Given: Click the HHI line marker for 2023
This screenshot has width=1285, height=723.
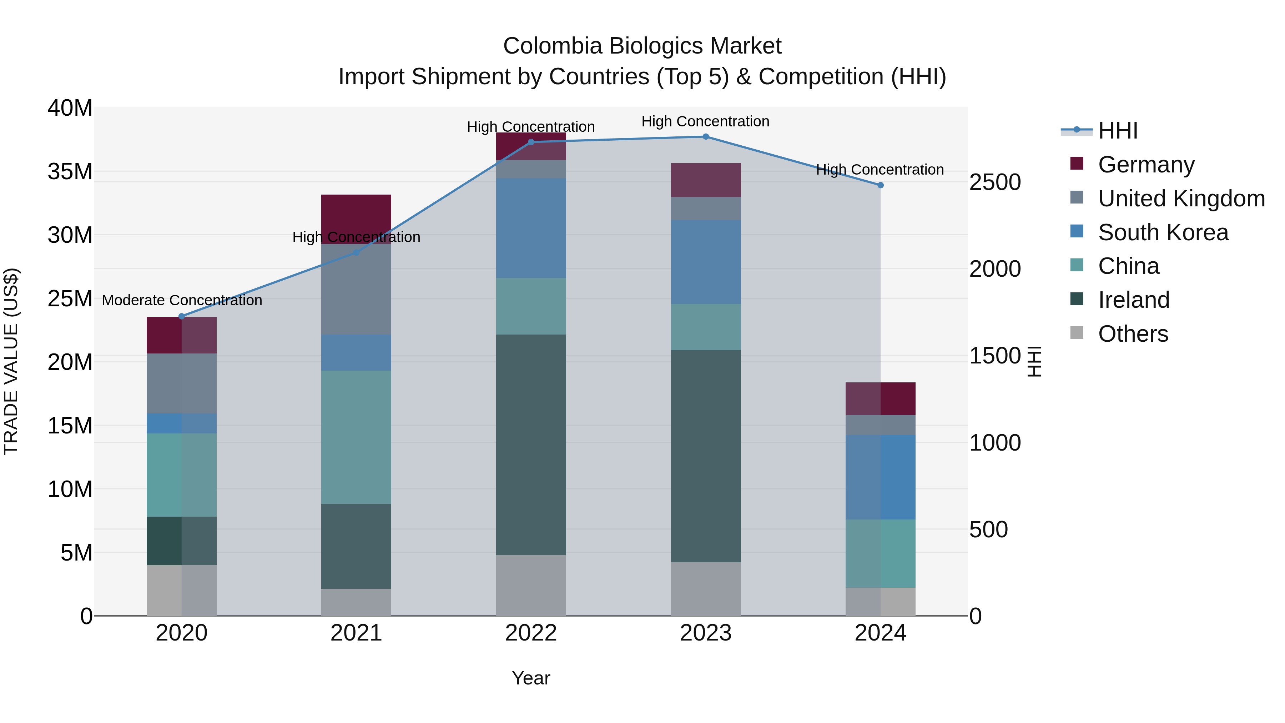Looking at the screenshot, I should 705,137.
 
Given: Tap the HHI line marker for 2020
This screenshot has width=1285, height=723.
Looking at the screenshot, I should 182,316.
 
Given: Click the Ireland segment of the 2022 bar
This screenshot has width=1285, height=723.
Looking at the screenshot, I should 531,444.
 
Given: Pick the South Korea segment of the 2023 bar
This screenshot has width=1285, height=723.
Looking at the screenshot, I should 705,262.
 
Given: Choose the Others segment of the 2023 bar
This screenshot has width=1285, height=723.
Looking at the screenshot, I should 705,589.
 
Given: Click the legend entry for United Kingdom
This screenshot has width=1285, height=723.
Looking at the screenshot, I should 1181,199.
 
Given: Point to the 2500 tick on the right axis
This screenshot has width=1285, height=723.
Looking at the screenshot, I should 995,182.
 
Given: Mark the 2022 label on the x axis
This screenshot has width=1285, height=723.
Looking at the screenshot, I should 531,633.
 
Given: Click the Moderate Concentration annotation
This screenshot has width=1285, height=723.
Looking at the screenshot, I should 182,300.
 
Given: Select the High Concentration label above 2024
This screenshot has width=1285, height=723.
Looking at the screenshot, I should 880,170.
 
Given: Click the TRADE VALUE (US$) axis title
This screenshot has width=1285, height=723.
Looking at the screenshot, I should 11,361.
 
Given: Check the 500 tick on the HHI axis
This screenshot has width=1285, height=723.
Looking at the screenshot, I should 988,529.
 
